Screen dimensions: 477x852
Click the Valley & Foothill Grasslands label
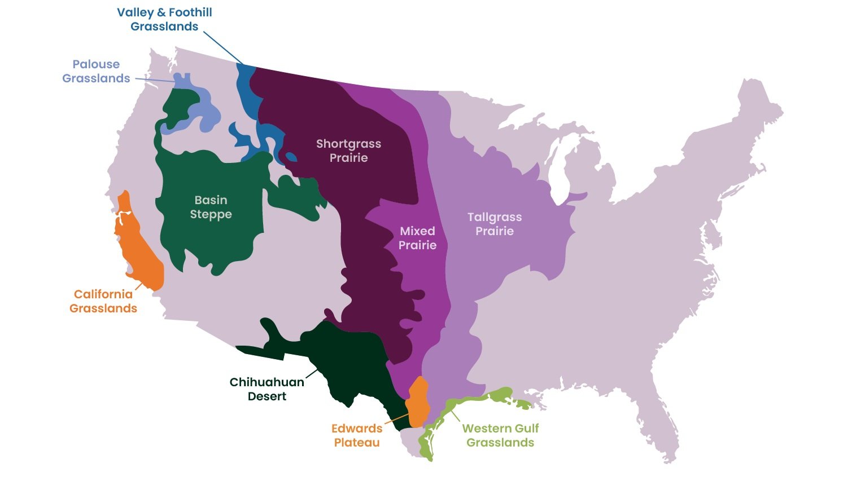pos(164,19)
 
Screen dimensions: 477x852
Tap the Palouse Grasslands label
pos(96,72)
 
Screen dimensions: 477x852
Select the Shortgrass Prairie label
pos(348,151)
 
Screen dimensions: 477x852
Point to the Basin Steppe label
pos(211,207)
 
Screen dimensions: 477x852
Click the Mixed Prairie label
pos(417,238)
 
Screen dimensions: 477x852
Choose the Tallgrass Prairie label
pos(495,224)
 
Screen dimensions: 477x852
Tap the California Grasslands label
pos(103,301)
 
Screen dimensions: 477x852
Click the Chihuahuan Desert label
pos(266,389)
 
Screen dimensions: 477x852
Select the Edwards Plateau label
pos(357,435)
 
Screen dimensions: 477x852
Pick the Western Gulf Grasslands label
pos(500,435)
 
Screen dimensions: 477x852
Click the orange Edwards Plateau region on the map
pos(418,401)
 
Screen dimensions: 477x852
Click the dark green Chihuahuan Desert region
pos(344,366)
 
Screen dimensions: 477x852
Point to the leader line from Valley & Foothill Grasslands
pos(223,47)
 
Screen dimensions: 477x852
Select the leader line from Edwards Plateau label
pos(397,418)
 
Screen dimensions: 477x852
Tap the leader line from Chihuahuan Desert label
pos(312,373)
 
